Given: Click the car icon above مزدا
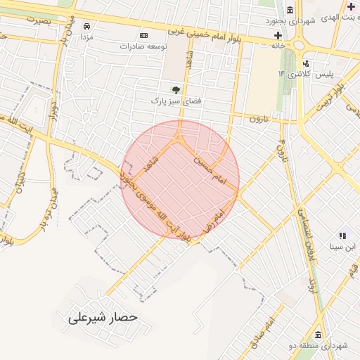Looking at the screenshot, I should click(x=86, y=26).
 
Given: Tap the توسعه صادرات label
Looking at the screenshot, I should click(x=143, y=46).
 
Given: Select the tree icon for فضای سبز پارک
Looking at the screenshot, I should click(x=176, y=90).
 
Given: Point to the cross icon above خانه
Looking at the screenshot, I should click(x=278, y=34).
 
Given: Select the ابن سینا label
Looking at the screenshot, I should click(x=344, y=247).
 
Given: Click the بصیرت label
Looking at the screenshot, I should click(x=39, y=20).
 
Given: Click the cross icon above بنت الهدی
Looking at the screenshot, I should click(x=351, y=6).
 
